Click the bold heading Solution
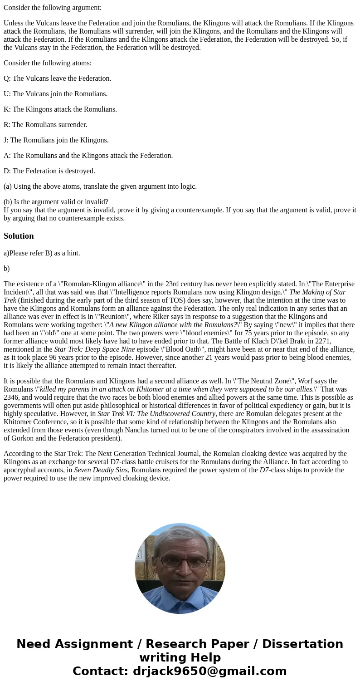(19, 236)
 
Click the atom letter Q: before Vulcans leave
(7, 78)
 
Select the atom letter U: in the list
(7, 94)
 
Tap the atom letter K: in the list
(7, 109)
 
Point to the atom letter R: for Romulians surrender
(7, 125)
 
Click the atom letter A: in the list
(7, 156)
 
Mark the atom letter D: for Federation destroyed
(7, 171)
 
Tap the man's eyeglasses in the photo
(183, 561)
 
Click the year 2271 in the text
(323, 341)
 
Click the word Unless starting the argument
(15, 23)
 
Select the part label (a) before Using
(8, 186)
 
